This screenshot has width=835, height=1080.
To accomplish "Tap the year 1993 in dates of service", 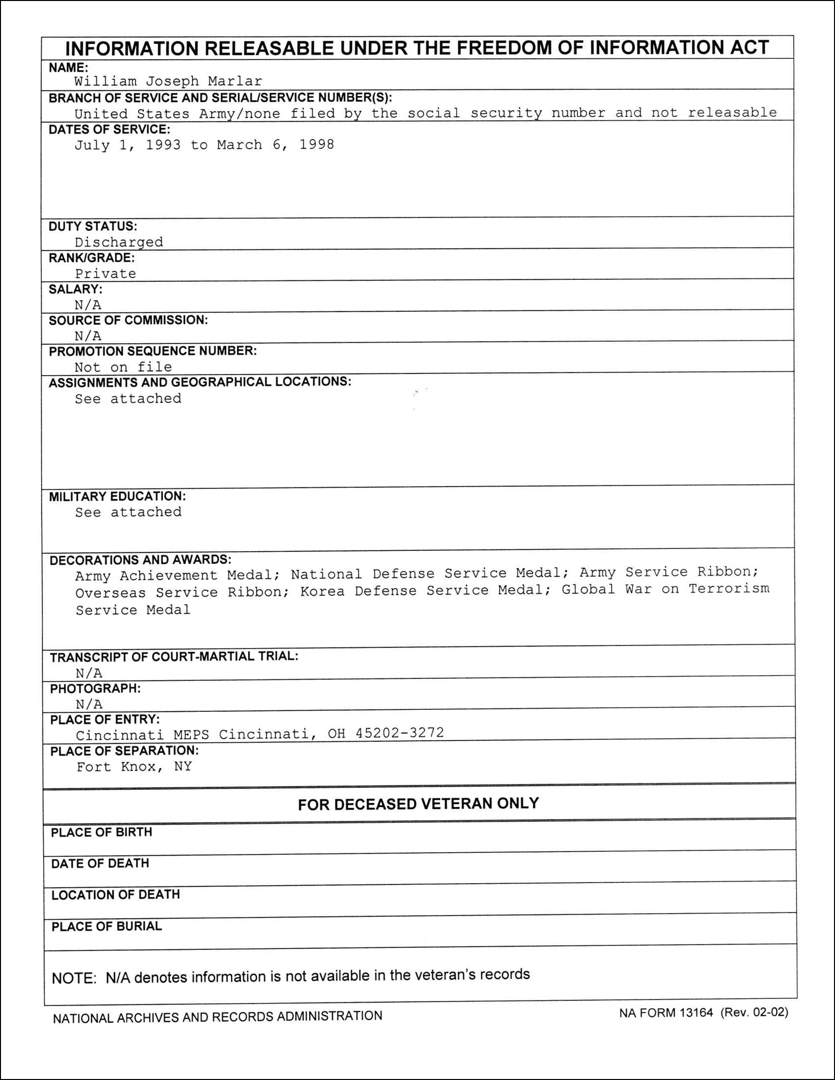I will tap(163, 145).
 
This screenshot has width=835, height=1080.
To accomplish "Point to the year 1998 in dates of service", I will tap(317, 144).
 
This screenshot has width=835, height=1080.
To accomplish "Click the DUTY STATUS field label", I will tap(93, 226).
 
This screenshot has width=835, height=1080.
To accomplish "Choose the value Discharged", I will tap(119, 243).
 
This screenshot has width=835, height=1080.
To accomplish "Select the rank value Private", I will tap(106, 273).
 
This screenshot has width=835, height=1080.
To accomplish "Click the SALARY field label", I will tap(76, 289).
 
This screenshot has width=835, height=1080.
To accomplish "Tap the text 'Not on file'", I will tap(123, 367).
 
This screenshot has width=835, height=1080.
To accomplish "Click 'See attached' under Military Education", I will tap(129, 513).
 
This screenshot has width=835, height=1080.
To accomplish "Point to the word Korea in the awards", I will tap(322, 592).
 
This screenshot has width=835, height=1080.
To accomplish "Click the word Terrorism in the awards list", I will tap(729, 589).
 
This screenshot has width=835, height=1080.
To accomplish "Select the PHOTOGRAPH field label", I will tap(95, 689).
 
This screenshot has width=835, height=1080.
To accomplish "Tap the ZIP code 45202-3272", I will tap(400, 733).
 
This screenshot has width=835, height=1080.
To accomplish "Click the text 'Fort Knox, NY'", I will tap(134, 767).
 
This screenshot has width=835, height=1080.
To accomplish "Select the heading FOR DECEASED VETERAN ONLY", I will tap(418, 804).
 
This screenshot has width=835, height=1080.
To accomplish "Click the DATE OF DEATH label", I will tap(100, 864).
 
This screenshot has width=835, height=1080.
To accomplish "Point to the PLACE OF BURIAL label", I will tap(107, 926).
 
